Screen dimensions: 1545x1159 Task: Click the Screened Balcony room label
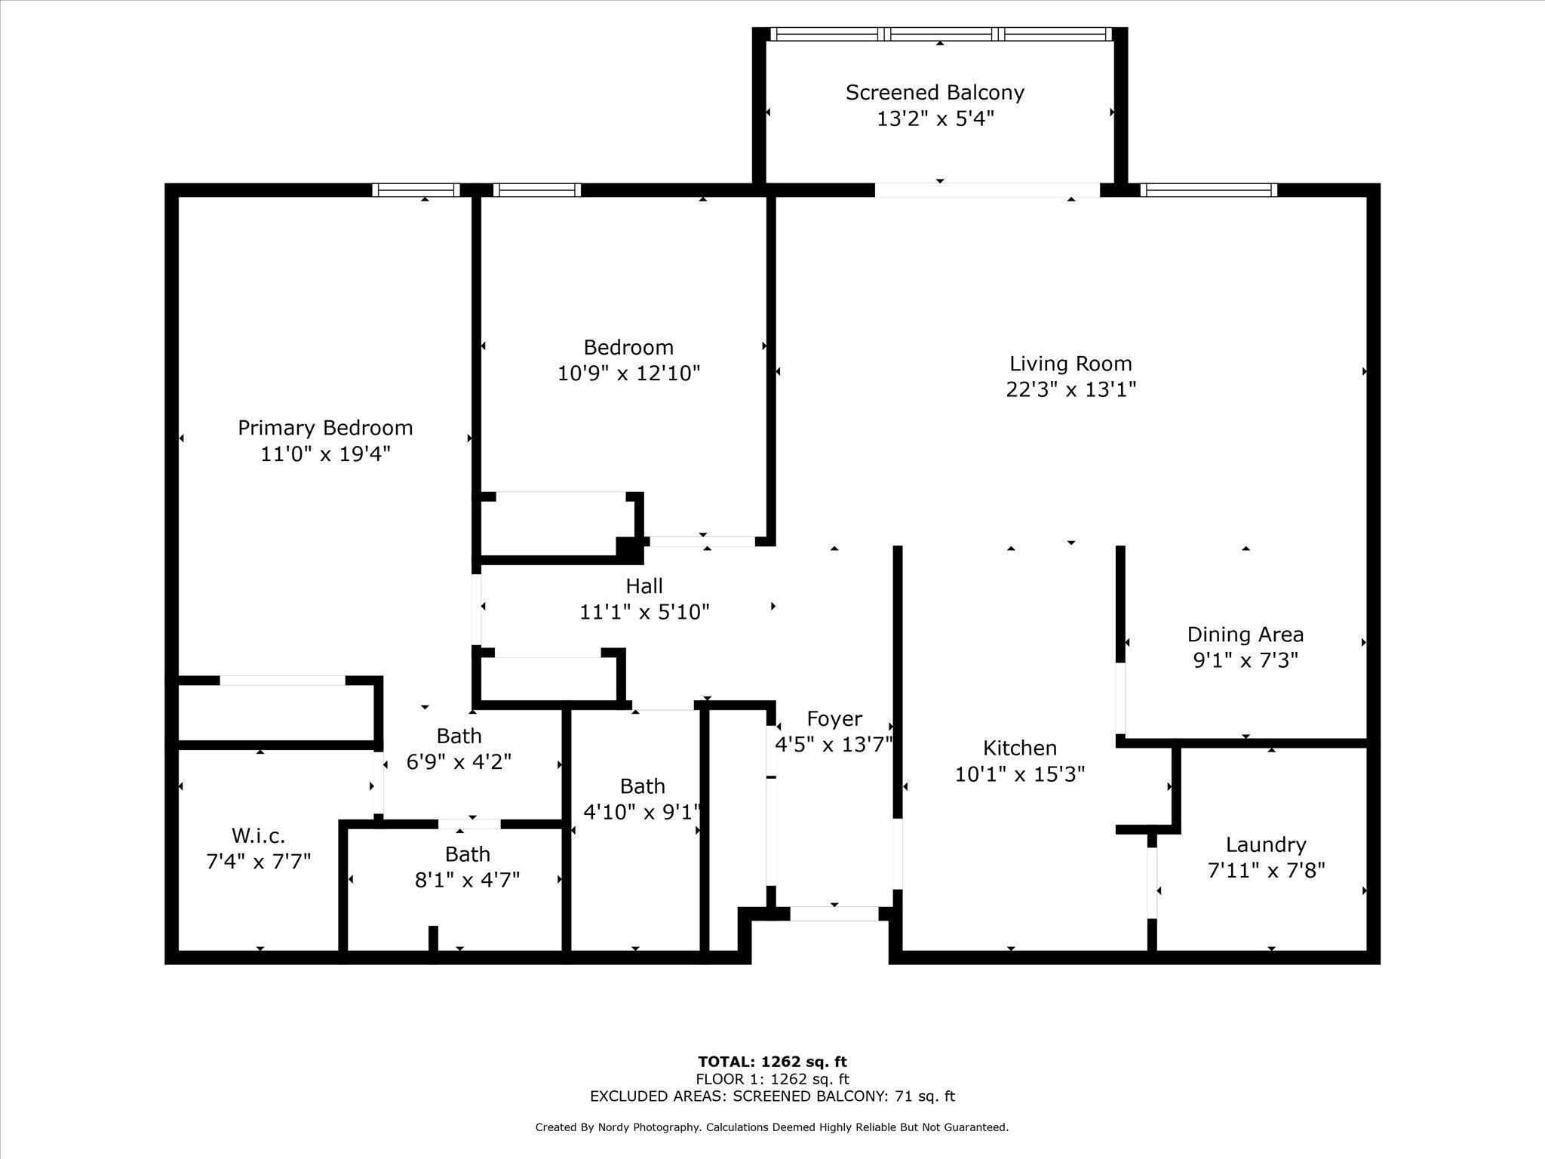coord(935,93)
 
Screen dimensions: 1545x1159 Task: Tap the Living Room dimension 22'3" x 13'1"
coord(1070,389)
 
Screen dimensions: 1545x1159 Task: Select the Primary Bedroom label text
coord(325,428)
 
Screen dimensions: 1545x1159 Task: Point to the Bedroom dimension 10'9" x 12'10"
coord(628,373)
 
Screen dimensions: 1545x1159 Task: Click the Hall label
coord(644,586)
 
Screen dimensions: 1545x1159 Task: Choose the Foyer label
coord(834,718)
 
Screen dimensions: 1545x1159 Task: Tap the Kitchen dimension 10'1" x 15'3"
coord(1020,774)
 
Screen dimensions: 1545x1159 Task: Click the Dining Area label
coord(1245,635)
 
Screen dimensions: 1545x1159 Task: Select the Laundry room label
coord(1266,845)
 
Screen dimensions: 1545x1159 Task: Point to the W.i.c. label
coord(258,835)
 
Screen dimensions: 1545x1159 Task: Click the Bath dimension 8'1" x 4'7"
coord(468,880)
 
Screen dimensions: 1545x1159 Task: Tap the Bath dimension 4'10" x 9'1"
coord(642,812)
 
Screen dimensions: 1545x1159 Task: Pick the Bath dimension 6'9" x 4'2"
coord(459,762)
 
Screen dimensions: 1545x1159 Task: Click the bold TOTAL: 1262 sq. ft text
coord(772,1062)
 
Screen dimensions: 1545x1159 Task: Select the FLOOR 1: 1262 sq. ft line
coord(772,1079)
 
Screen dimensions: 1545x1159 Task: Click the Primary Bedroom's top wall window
coord(416,189)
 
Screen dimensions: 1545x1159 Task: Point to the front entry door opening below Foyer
coord(834,914)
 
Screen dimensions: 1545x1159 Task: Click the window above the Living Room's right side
coord(1209,189)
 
